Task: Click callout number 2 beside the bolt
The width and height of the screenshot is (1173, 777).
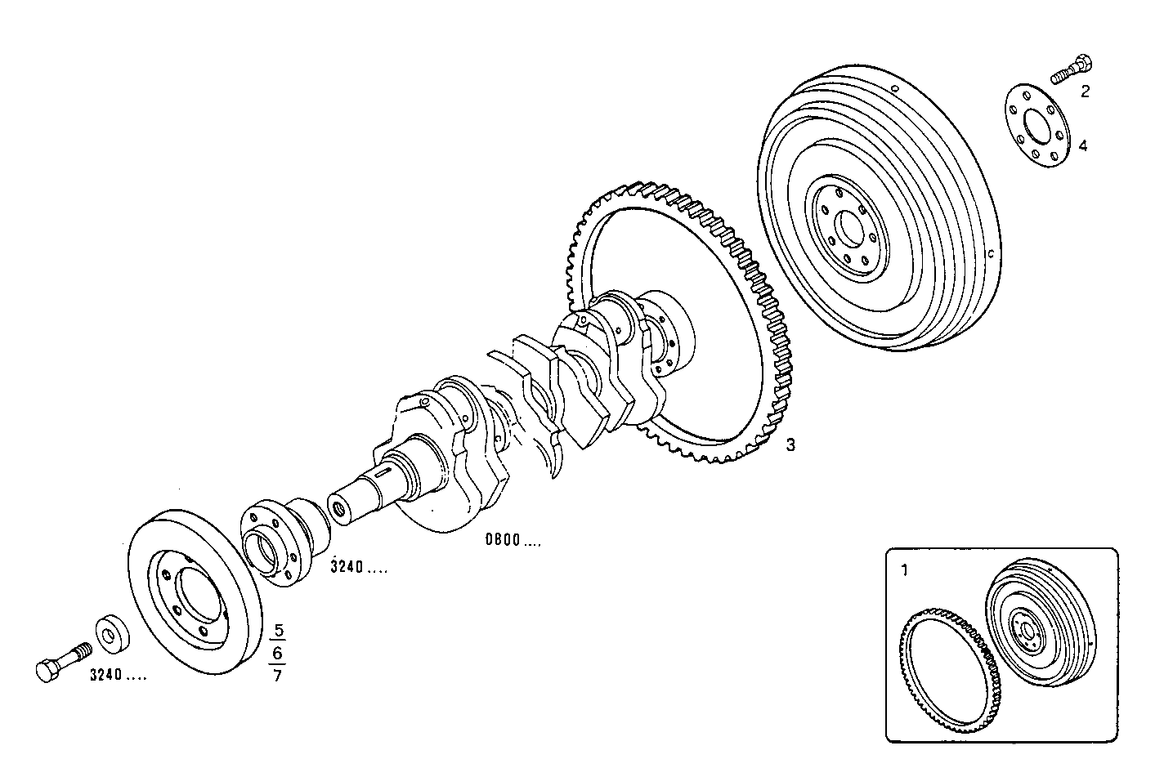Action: pos(1085,92)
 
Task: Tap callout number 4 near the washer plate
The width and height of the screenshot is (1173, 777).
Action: pos(1083,146)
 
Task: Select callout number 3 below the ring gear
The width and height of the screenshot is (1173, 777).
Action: pos(790,445)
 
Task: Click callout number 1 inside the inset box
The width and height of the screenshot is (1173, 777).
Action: pos(904,569)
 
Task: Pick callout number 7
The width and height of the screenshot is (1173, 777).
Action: pos(278,676)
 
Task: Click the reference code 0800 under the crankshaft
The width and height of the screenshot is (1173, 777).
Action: pos(512,540)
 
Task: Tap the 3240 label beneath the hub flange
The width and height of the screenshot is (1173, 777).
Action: pos(358,567)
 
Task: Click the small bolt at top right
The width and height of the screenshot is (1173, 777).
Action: pos(1072,69)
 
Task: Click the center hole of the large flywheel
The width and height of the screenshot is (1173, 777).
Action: pos(848,227)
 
